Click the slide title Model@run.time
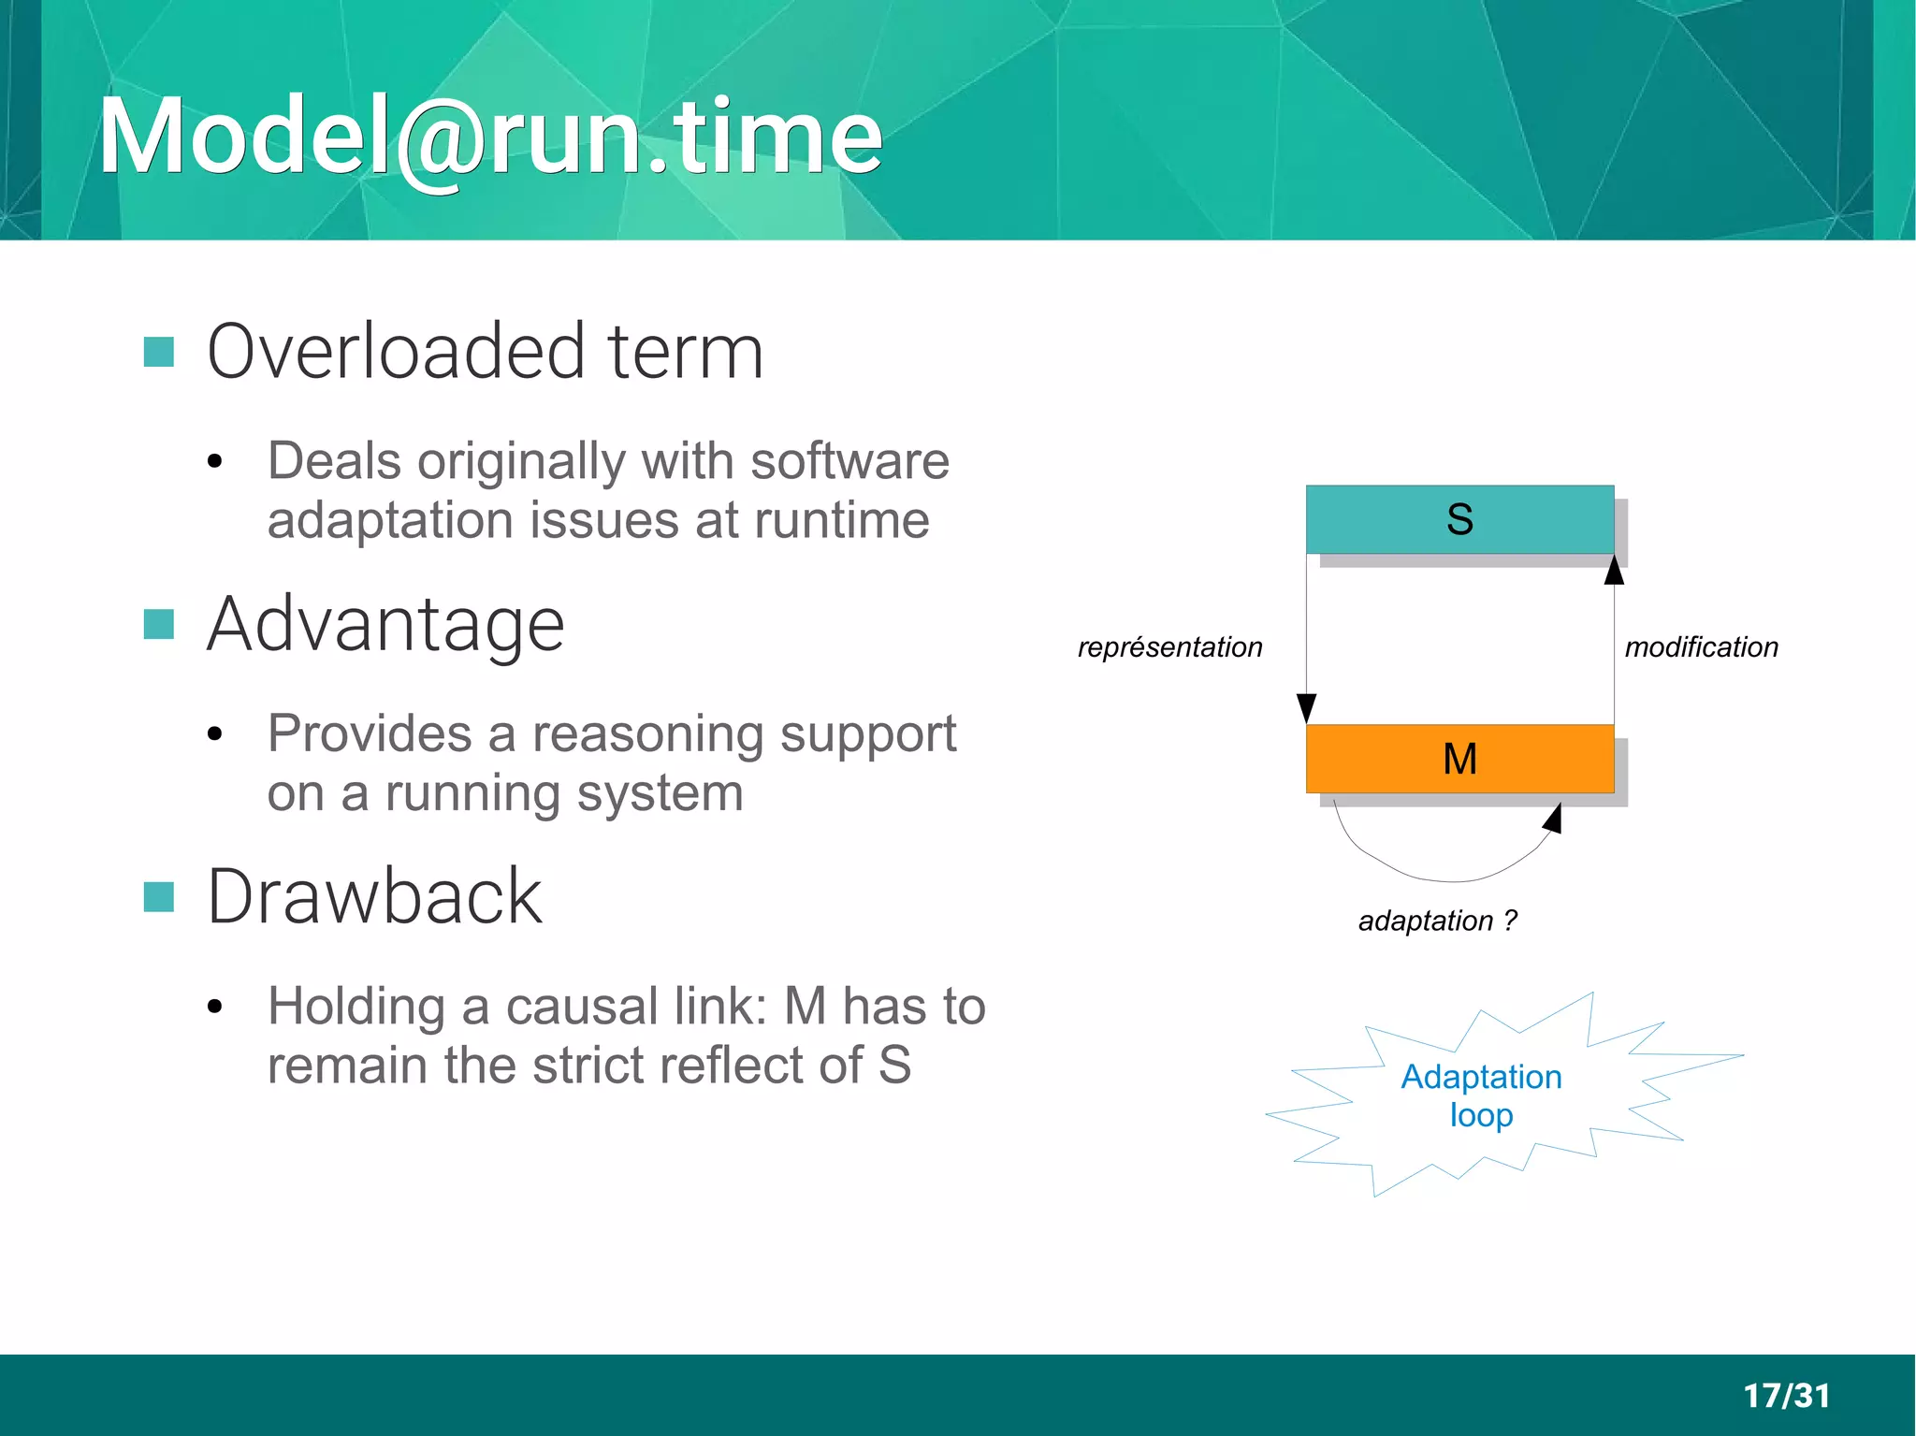tap(490, 137)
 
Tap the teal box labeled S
tap(1459, 519)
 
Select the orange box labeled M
tap(1459, 758)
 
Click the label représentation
tap(1169, 647)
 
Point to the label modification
tap(1701, 647)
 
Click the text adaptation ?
tap(1437, 921)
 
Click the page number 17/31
tap(1786, 1395)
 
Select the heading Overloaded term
tap(485, 352)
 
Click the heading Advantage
tap(385, 624)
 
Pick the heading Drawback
tap(374, 896)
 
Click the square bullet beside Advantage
tap(159, 624)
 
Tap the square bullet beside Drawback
tap(159, 896)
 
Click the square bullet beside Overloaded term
tap(159, 352)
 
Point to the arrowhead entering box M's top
tap(1307, 708)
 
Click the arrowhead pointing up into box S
tap(1614, 570)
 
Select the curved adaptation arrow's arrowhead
tap(1553, 819)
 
